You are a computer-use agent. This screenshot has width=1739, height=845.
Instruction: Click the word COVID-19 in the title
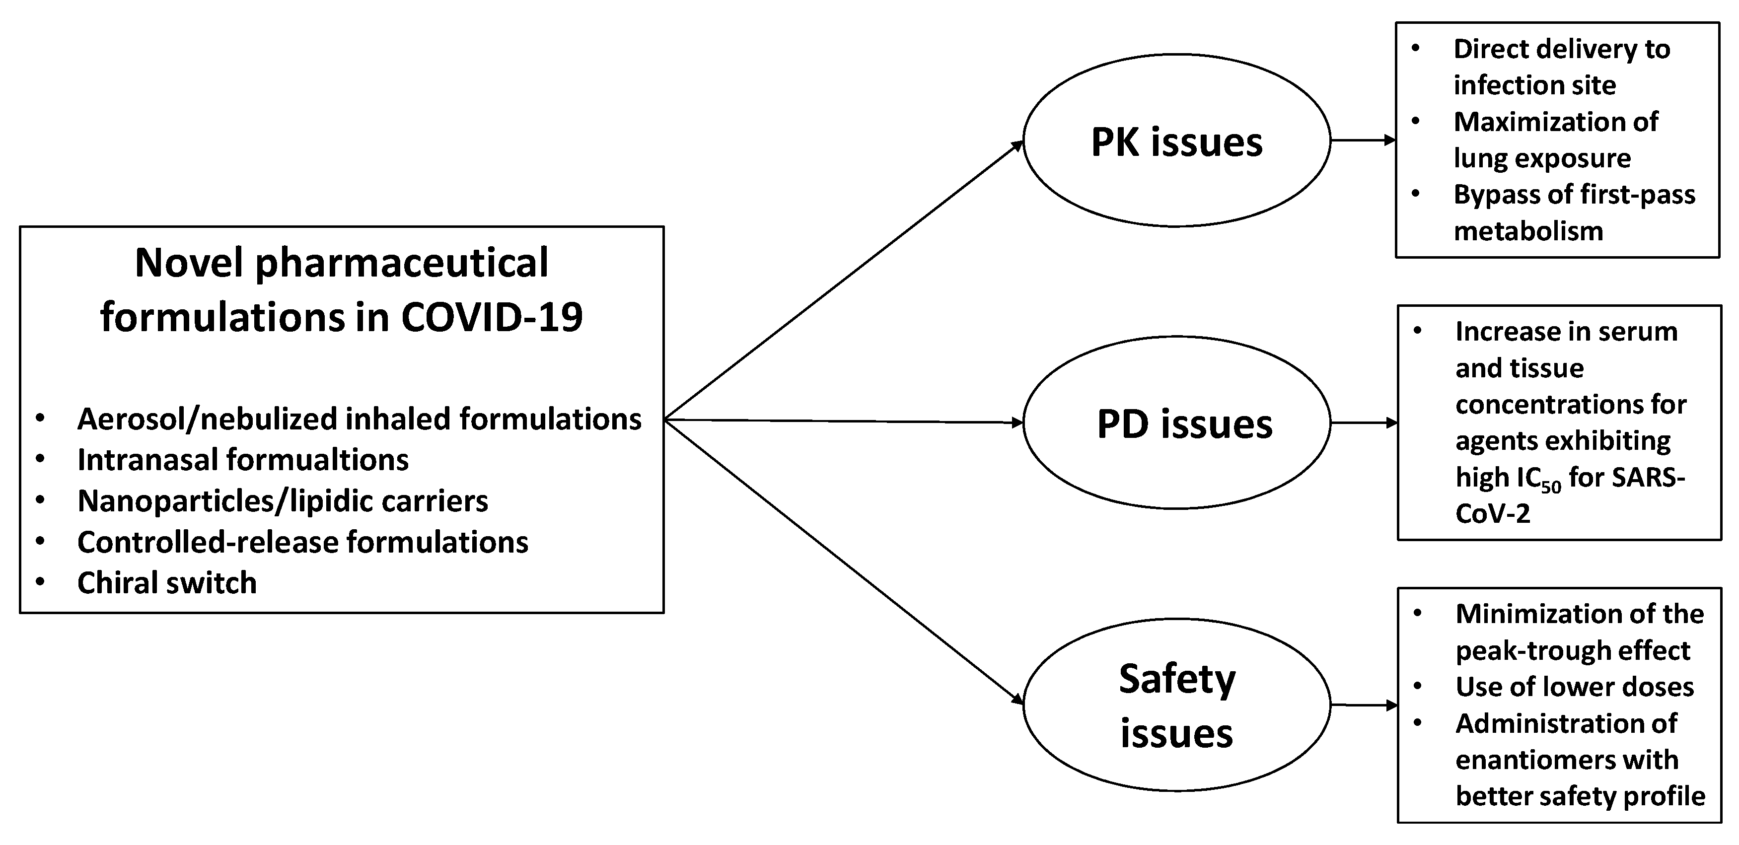pos(492,317)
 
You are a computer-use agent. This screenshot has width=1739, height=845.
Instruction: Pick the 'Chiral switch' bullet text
pos(167,582)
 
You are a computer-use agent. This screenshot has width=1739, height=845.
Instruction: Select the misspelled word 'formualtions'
pos(317,460)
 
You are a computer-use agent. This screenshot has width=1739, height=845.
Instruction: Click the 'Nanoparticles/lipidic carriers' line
pos(282,501)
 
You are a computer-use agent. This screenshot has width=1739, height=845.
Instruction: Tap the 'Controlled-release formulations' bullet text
pos(302,542)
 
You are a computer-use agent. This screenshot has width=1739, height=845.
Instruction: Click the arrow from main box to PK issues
pos(844,280)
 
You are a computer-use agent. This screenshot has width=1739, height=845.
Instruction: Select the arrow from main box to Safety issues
pos(844,562)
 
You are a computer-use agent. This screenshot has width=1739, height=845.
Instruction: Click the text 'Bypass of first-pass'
pos(1574,195)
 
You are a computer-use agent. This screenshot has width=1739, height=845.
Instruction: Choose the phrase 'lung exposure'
pos(1542,158)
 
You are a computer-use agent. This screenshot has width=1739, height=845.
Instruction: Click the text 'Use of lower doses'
pos(1574,687)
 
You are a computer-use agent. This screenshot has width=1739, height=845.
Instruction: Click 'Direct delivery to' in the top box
pos(1561,49)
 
